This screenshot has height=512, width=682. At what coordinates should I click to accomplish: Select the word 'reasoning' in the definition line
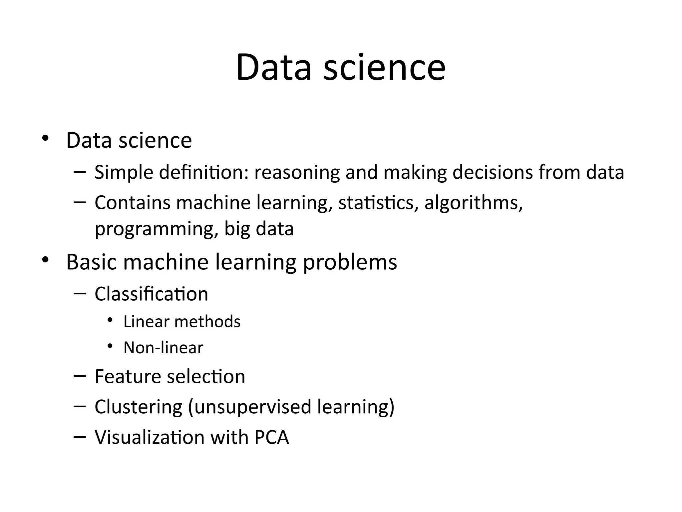297,173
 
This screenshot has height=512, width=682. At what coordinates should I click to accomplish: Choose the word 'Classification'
151,294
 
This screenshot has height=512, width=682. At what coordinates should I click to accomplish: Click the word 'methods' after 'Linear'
207,322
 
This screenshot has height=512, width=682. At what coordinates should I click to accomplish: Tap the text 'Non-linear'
163,348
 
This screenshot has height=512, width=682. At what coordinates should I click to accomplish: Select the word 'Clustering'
138,407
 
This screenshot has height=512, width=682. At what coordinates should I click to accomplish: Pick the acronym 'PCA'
271,437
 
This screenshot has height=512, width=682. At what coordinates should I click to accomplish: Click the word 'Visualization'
150,437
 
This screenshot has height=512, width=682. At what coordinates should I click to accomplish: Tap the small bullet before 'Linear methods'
110,320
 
